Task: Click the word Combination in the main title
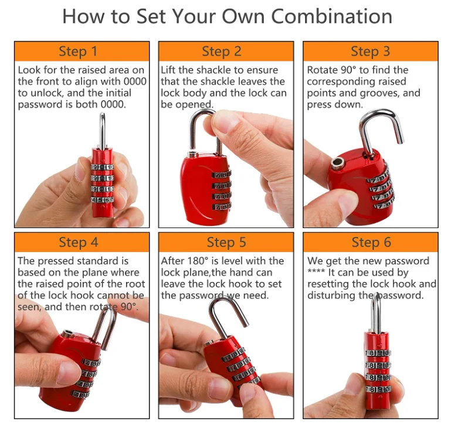(331, 16)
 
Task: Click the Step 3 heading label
(370, 52)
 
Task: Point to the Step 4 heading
(78, 243)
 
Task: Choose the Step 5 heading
(226, 243)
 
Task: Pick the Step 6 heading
(371, 243)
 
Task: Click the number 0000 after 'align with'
(135, 81)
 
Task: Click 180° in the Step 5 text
(198, 261)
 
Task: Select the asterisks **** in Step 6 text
(316, 271)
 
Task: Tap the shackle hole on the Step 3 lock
(337, 164)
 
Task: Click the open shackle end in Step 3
(400, 140)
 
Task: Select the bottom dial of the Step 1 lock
(103, 199)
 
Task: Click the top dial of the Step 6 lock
(378, 353)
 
